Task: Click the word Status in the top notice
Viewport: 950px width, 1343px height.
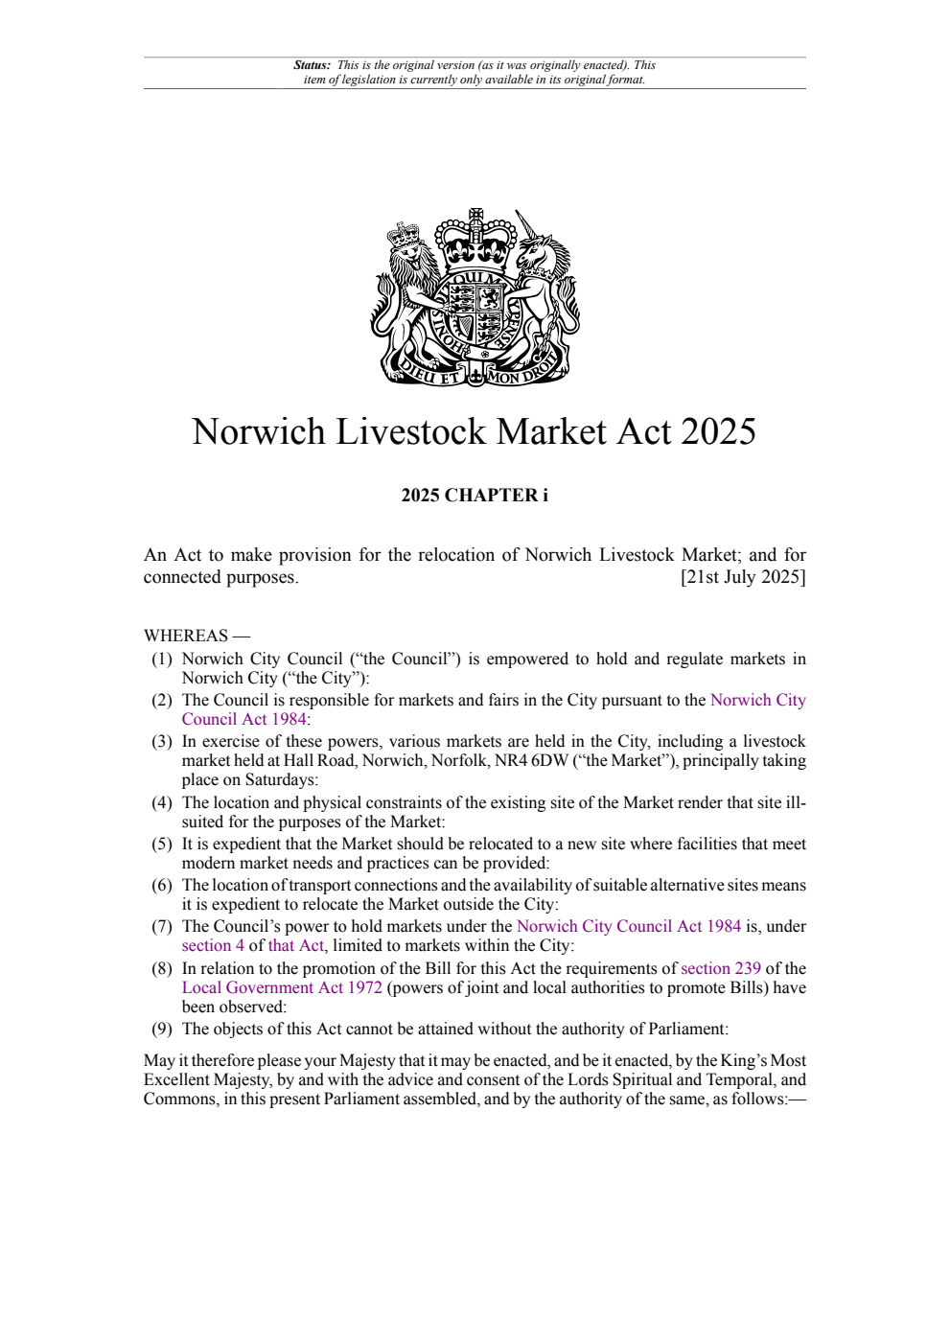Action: click(x=311, y=65)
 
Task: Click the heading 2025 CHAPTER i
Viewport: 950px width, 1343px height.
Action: click(x=475, y=496)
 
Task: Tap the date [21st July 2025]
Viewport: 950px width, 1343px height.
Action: click(x=743, y=577)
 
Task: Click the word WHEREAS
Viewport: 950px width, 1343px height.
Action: click(x=186, y=636)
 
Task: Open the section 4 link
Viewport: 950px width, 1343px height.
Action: click(x=213, y=945)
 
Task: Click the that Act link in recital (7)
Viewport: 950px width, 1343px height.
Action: click(x=297, y=945)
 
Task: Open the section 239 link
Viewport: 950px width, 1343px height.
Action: click(x=720, y=968)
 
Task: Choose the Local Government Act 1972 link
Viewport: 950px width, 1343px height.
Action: click(x=282, y=987)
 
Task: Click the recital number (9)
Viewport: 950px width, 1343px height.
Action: click(x=162, y=1029)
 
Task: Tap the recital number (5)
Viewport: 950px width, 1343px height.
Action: click(x=162, y=844)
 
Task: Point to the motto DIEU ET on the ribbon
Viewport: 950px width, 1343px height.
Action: click(x=431, y=374)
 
